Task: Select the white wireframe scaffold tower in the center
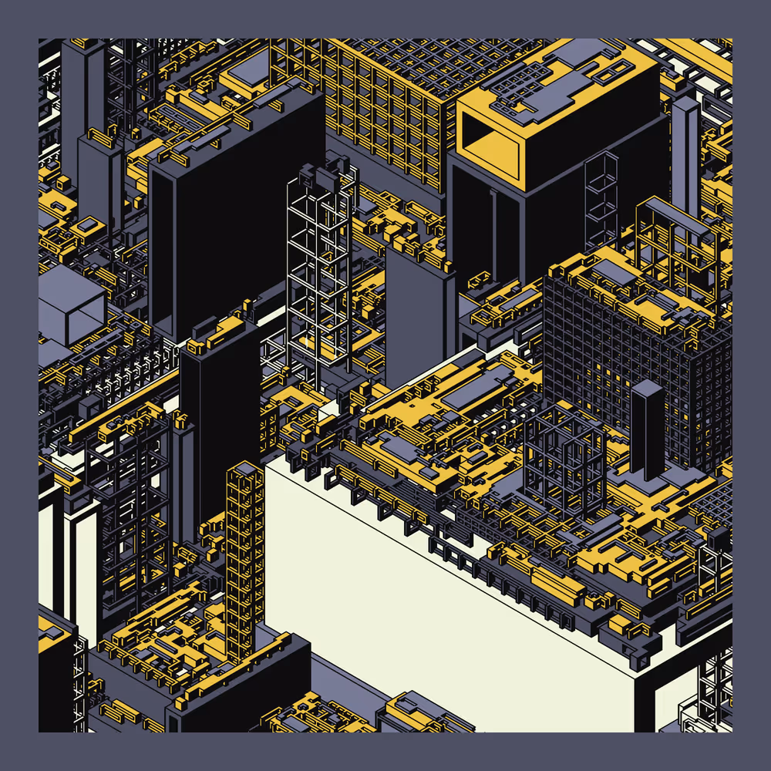(x=319, y=270)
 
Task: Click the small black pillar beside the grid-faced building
(x=647, y=428)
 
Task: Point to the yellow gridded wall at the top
(x=385, y=108)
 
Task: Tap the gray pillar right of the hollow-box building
(x=685, y=154)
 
